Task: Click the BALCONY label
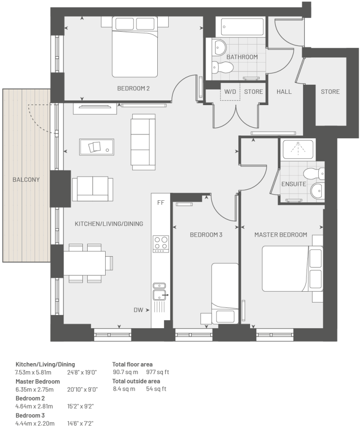(x=26, y=179)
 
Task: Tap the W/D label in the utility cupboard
(x=230, y=91)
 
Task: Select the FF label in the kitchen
(x=161, y=203)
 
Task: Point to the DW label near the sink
(x=138, y=310)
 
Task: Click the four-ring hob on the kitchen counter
(x=161, y=244)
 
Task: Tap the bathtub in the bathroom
(x=242, y=27)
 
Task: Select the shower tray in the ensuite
(x=298, y=149)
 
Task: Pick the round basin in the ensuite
(x=317, y=190)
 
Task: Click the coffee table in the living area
(x=97, y=147)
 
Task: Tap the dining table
(x=85, y=263)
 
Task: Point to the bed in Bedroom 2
(x=135, y=47)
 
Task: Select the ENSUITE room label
(x=294, y=184)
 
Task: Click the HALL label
(x=284, y=91)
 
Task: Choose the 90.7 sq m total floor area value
(x=126, y=372)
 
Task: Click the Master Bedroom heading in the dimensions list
(x=37, y=382)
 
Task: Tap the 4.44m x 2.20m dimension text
(x=35, y=423)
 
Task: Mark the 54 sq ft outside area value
(x=156, y=389)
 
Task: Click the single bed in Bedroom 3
(x=225, y=293)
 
